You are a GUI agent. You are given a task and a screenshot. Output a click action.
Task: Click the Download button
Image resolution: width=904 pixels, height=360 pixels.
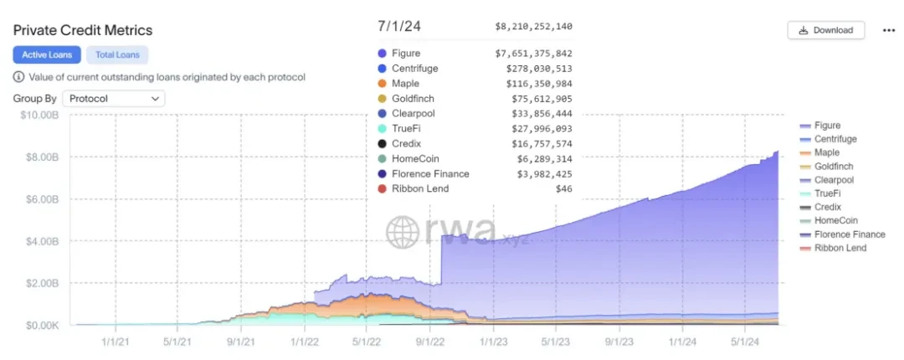pyautogui.click(x=825, y=30)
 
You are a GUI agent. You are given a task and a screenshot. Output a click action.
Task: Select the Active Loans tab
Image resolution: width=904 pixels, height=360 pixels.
pyautogui.click(x=47, y=55)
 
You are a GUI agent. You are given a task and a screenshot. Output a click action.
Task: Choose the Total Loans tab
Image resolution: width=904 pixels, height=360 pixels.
pyautogui.click(x=117, y=55)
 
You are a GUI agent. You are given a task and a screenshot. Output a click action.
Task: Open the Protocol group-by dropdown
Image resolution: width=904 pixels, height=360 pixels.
pyautogui.click(x=114, y=99)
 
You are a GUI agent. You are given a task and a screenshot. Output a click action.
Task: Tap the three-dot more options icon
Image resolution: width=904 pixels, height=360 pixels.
pyautogui.click(x=889, y=30)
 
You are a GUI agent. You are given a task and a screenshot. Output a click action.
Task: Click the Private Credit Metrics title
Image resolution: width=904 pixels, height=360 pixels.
pyautogui.click(x=83, y=31)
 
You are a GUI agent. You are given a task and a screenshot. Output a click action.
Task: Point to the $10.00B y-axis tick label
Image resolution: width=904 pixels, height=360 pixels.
pyautogui.click(x=39, y=115)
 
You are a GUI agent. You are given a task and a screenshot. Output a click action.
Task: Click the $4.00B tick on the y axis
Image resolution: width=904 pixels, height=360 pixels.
pyautogui.click(x=41, y=241)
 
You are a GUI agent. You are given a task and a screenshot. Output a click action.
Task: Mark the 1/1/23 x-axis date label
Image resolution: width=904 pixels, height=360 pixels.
pyautogui.click(x=492, y=341)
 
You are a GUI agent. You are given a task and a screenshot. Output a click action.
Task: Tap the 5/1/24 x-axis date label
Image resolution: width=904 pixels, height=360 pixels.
pyautogui.click(x=743, y=341)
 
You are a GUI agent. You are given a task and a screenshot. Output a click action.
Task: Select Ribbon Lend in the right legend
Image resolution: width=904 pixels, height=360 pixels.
pyautogui.click(x=840, y=248)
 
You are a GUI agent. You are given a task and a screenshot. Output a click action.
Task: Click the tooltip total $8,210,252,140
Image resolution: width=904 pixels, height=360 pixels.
pyautogui.click(x=533, y=27)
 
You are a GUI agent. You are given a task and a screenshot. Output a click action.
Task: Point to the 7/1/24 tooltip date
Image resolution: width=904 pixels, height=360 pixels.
pyautogui.click(x=400, y=27)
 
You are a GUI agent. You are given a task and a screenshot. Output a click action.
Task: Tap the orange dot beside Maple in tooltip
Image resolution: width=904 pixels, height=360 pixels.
pyautogui.click(x=383, y=84)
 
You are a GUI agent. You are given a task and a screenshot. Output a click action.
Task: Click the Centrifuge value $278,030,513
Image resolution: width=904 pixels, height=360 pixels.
pyautogui.click(x=538, y=69)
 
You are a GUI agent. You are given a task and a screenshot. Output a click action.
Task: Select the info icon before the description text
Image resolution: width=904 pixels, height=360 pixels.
pyautogui.click(x=18, y=77)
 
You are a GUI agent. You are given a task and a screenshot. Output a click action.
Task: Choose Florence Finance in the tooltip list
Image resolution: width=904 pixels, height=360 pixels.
pyautogui.click(x=430, y=174)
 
